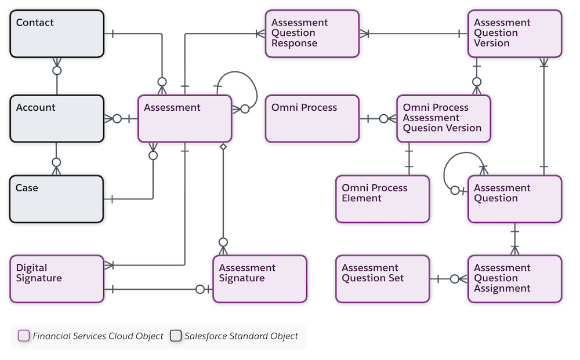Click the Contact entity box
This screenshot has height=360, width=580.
tap(57, 33)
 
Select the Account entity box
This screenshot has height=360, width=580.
tap(57, 118)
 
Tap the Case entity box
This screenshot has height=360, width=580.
tap(57, 199)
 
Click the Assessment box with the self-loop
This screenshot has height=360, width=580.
tap(184, 119)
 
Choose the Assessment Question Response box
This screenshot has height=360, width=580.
tap(312, 33)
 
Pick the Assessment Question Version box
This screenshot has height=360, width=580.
tap(514, 33)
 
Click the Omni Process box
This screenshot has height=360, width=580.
tap(312, 118)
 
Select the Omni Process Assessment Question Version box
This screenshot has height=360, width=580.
tap(444, 118)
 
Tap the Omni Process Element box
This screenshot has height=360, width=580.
tap(383, 199)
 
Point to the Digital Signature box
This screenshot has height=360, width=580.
tap(57, 279)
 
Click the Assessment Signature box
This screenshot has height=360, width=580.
tap(260, 279)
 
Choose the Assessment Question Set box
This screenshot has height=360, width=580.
tap(383, 279)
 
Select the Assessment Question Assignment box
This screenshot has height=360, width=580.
tap(514, 279)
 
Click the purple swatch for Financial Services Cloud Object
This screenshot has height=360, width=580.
tap(24, 336)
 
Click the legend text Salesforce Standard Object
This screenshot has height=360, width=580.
tap(241, 336)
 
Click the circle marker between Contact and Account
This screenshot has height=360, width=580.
tap(57, 71)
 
